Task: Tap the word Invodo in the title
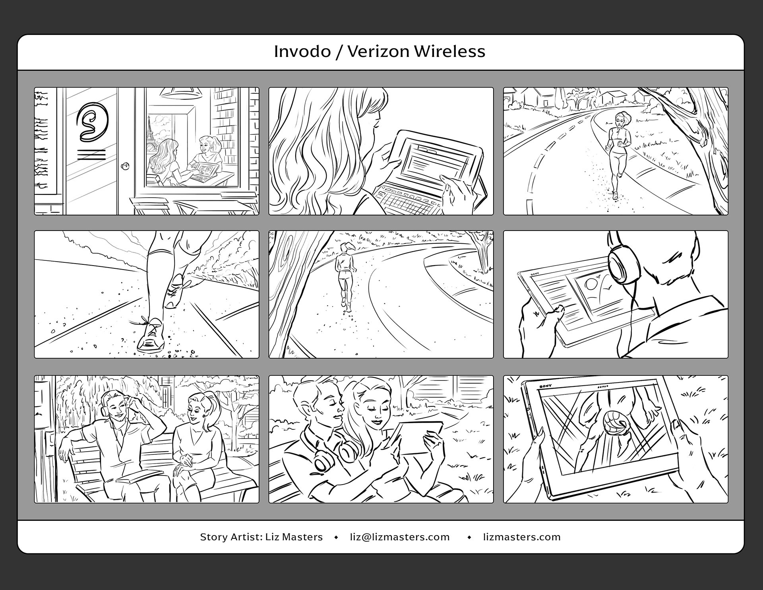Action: click(x=302, y=51)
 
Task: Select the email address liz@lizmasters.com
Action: click(x=400, y=537)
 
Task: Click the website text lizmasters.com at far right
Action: click(x=522, y=537)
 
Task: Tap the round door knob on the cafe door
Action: click(x=126, y=166)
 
